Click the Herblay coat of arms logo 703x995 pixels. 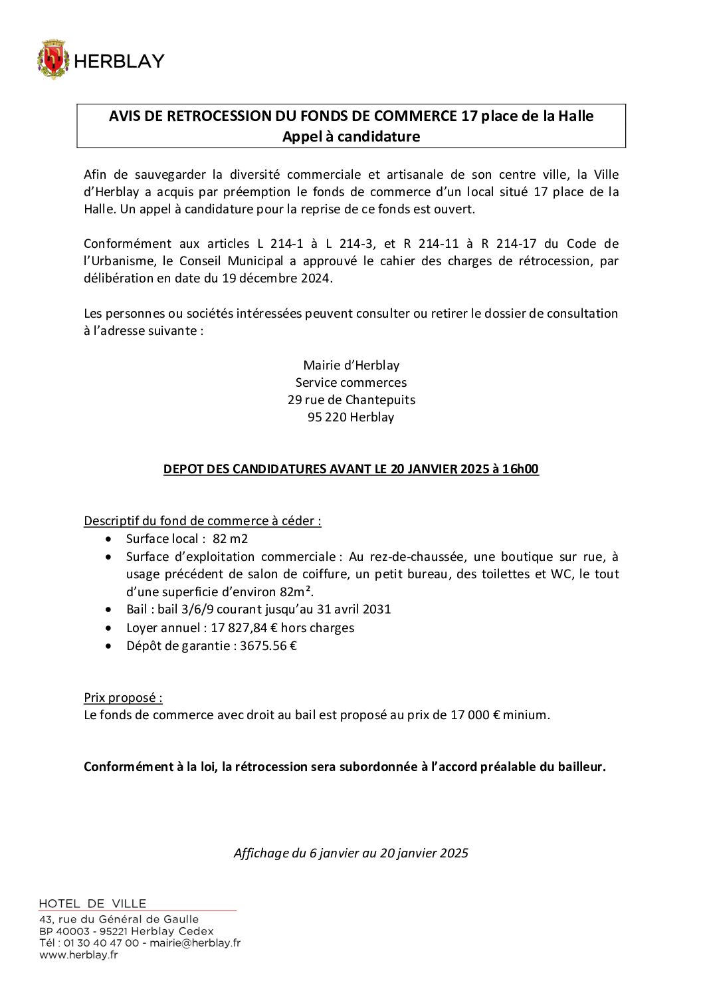pos(53,60)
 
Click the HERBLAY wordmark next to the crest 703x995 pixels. pos(119,61)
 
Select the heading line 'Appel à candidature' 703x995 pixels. pos(351,136)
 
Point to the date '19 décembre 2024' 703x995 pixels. pos(276,278)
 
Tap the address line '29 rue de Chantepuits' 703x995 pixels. pos(351,400)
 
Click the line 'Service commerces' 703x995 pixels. pos(351,383)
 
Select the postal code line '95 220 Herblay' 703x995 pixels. pos(351,417)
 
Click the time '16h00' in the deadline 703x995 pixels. pos(520,469)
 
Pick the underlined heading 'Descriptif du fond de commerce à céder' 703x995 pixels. pos(202,521)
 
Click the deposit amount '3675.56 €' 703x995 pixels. pos(268,646)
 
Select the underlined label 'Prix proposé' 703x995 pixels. pos(122,698)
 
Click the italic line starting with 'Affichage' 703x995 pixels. pos(351,853)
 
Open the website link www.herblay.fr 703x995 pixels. pos(78,955)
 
